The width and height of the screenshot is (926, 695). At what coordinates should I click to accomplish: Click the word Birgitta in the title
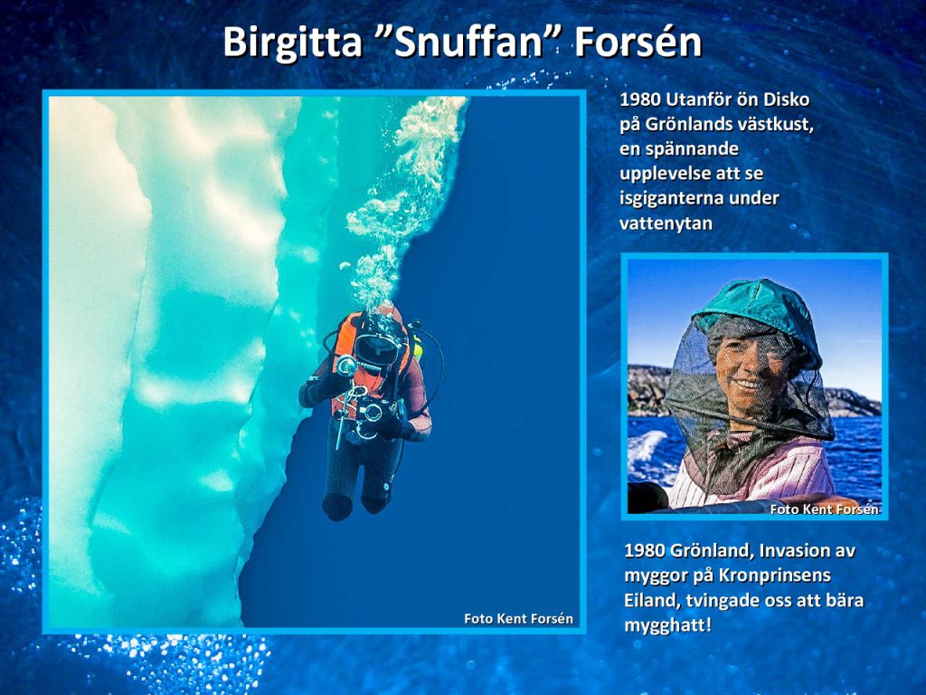[x=293, y=43]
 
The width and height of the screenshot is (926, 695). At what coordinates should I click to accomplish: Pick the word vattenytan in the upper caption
[x=666, y=224]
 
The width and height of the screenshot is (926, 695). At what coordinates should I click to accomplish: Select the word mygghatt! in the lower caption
[x=668, y=625]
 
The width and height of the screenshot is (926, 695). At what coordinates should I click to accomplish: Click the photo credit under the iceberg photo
[x=518, y=619]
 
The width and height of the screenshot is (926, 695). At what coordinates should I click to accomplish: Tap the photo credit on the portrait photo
[x=825, y=509]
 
